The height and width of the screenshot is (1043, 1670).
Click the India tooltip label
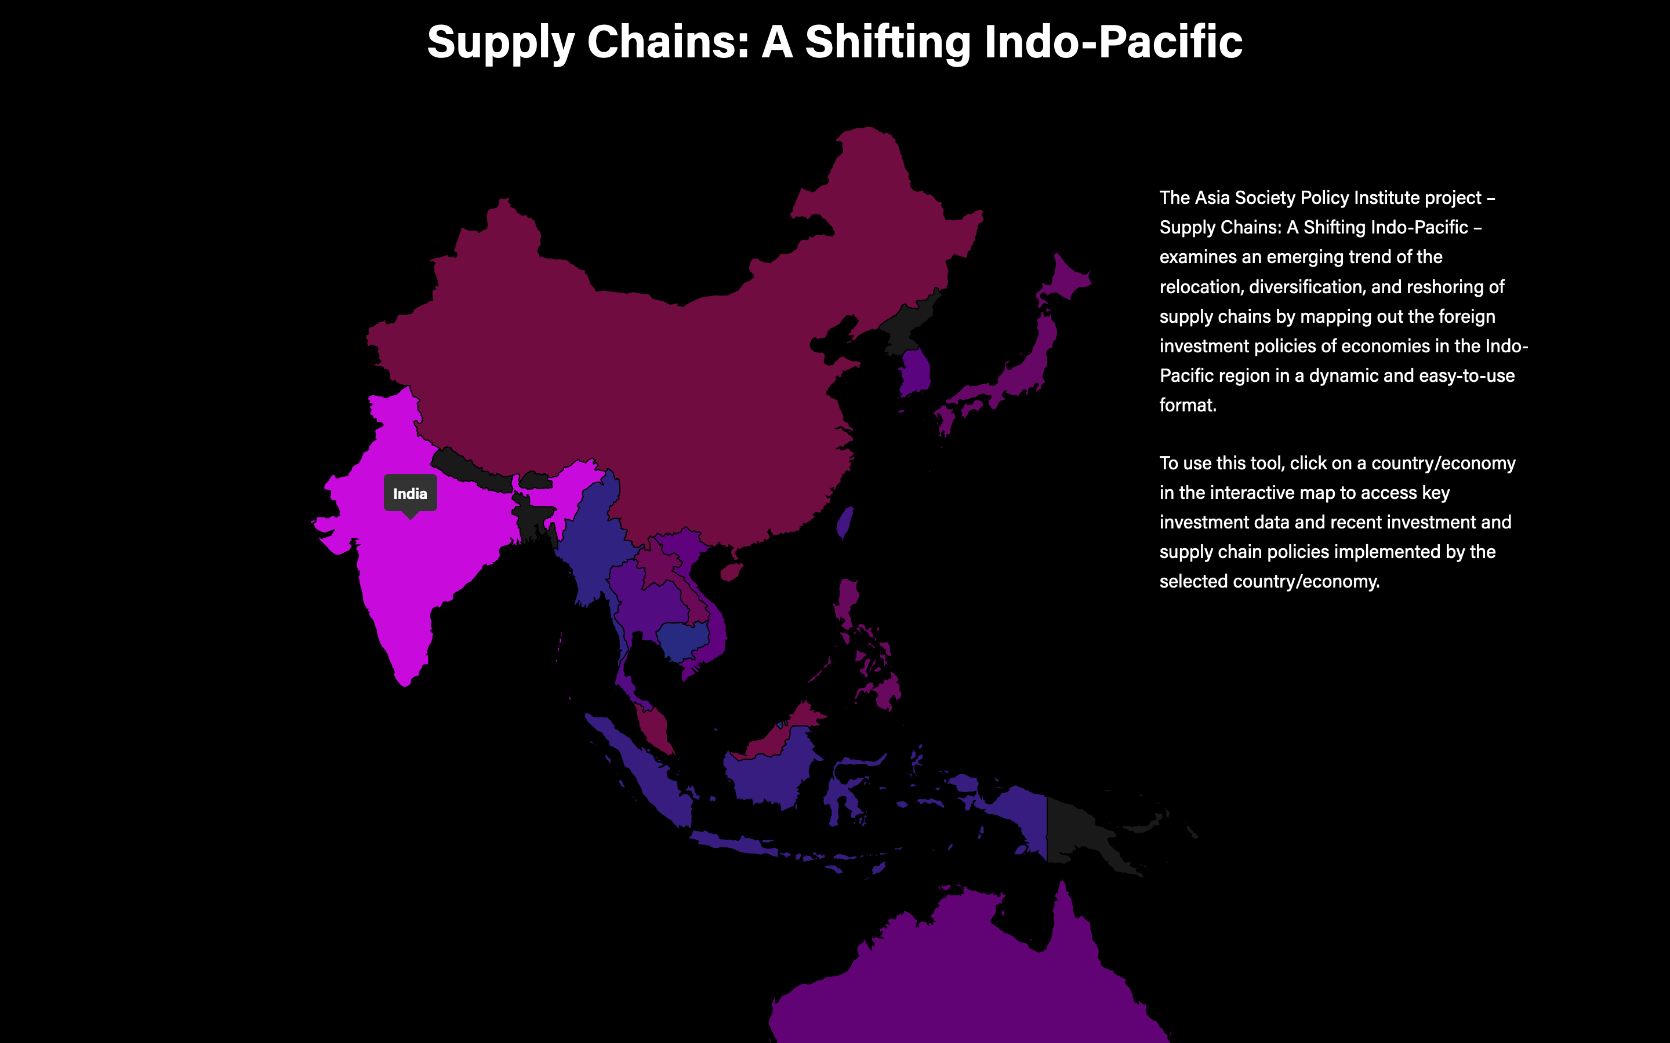pyautogui.click(x=410, y=494)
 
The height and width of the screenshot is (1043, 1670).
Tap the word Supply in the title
pyautogui.click(x=500, y=43)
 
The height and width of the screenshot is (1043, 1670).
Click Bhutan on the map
pyautogui.click(x=536, y=479)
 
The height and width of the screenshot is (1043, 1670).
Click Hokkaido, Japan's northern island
pyautogui.click(x=1066, y=279)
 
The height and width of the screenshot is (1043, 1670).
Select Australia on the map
pyautogui.click(x=966, y=979)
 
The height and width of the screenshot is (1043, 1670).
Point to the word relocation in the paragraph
pyautogui.click(x=1201, y=287)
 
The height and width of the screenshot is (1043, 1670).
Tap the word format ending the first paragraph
pyautogui.click(x=1186, y=406)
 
